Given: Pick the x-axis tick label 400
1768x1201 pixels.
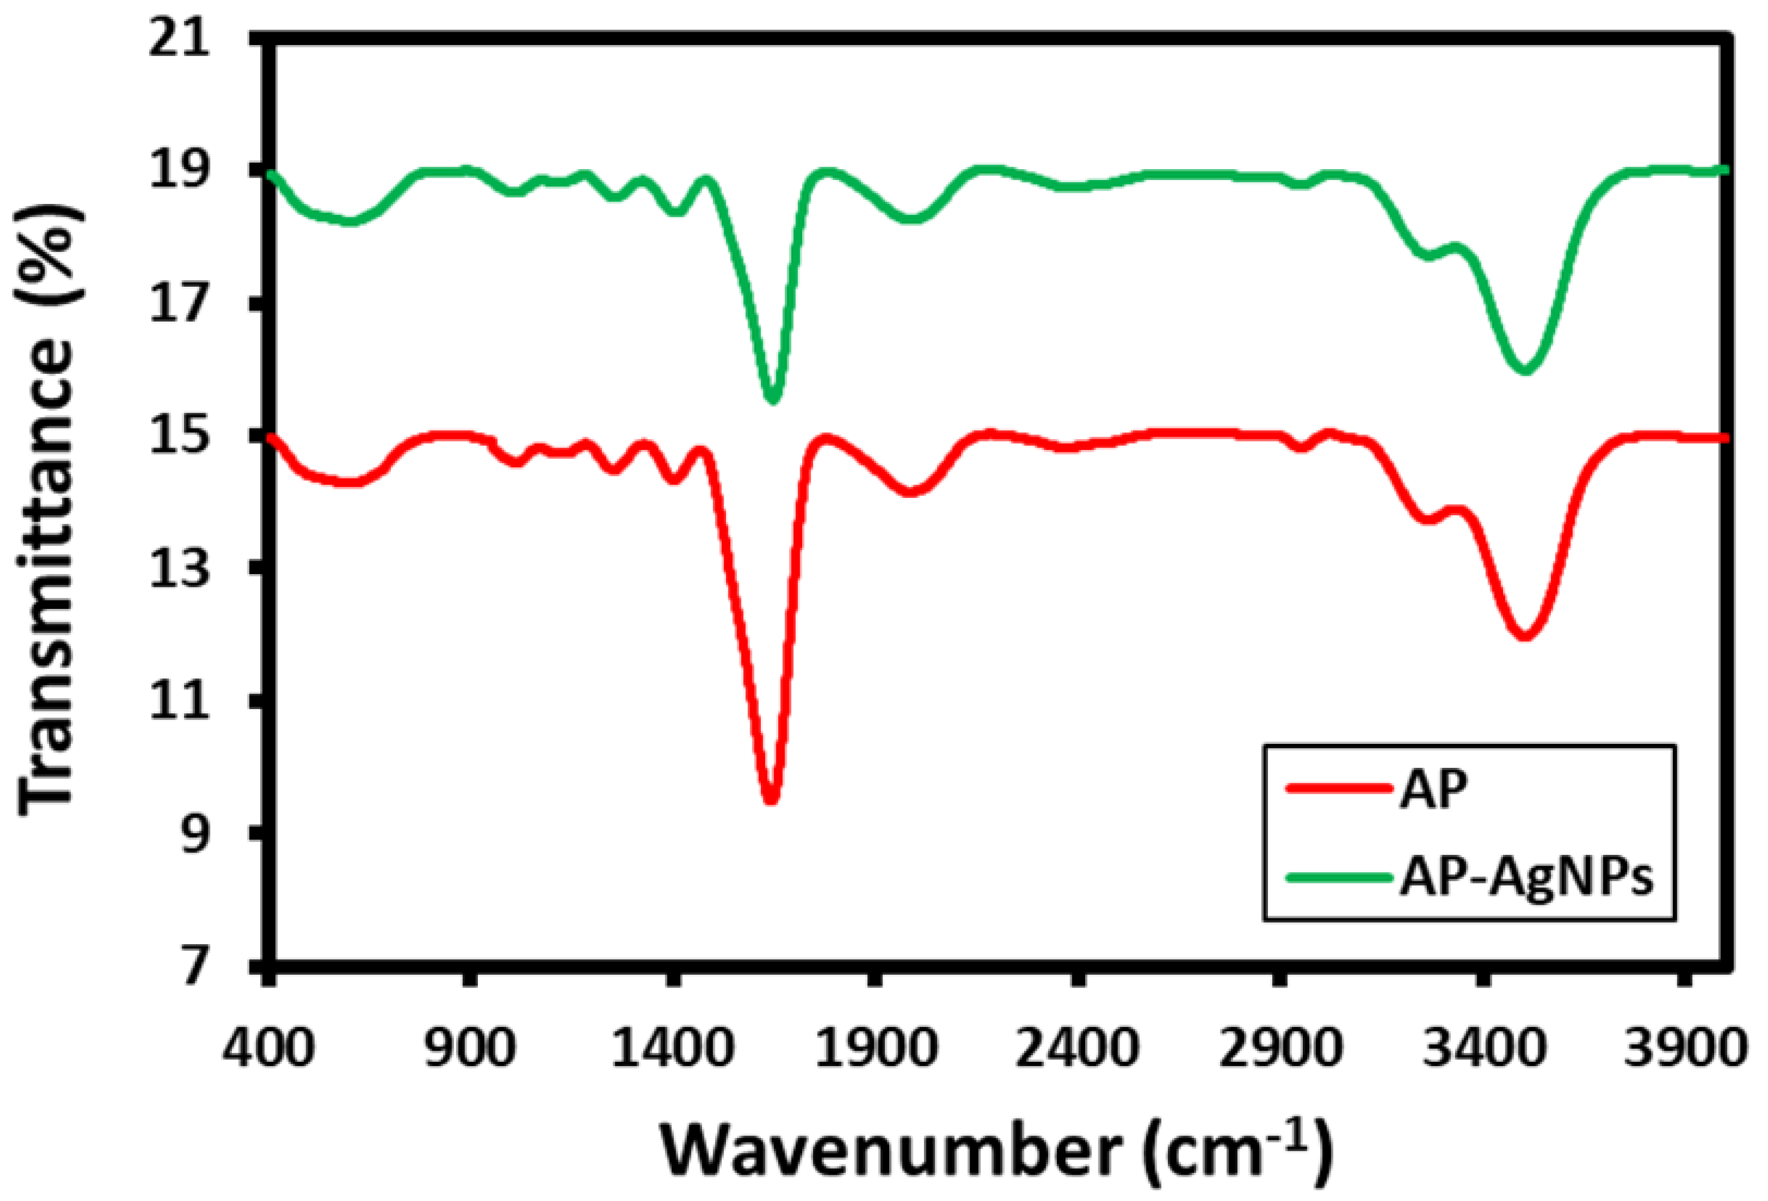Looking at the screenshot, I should (x=268, y=1047).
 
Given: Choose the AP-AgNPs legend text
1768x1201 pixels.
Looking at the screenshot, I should (x=1526, y=877).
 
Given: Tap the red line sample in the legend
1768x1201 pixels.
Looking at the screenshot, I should (x=1333, y=788).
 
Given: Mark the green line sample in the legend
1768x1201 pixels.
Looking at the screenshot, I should (x=1333, y=877).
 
